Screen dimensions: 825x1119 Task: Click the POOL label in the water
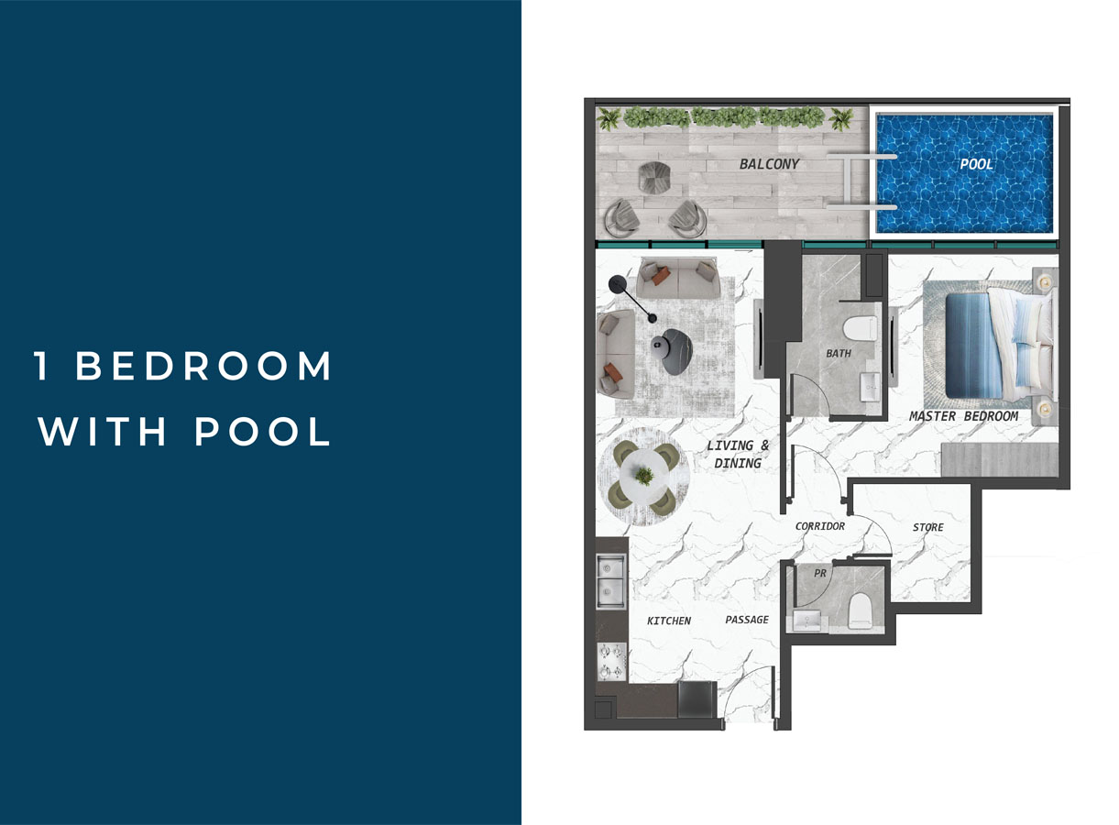pyautogui.click(x=976, y=165)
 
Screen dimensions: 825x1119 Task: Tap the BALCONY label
pyautogui.click(x=770, y=165)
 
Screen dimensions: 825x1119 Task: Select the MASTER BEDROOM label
pyautogui.click(x=963, y=416)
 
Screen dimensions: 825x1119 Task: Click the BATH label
pyautogui.click(x=838, y=353)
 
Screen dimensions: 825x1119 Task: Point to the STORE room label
pyautogui.click(x=927, y=527)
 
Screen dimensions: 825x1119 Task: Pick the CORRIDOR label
pyautogui.click(x=820, y=526)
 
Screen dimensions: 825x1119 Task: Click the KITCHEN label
pyautogui.click(x=669, y=621)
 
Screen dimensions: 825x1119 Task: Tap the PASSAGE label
pyautogui.click(x=747, y=620)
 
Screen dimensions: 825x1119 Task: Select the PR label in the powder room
pyautogui.click(x=820, y=573)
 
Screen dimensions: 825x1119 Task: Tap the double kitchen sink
pyautogui.click(x=611, y=580)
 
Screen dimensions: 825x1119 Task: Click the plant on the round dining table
pyautogui.click(x=645, y=476)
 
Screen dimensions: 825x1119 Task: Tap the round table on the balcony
pyautogui.click(x=654, y=176)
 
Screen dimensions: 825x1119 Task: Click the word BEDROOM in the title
pyautogui.click(x=203, y=367)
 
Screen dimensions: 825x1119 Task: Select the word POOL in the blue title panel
pyautogui.click(x=263, y=432)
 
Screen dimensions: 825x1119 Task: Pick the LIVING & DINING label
pyautogui.click(x=738, y=454)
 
